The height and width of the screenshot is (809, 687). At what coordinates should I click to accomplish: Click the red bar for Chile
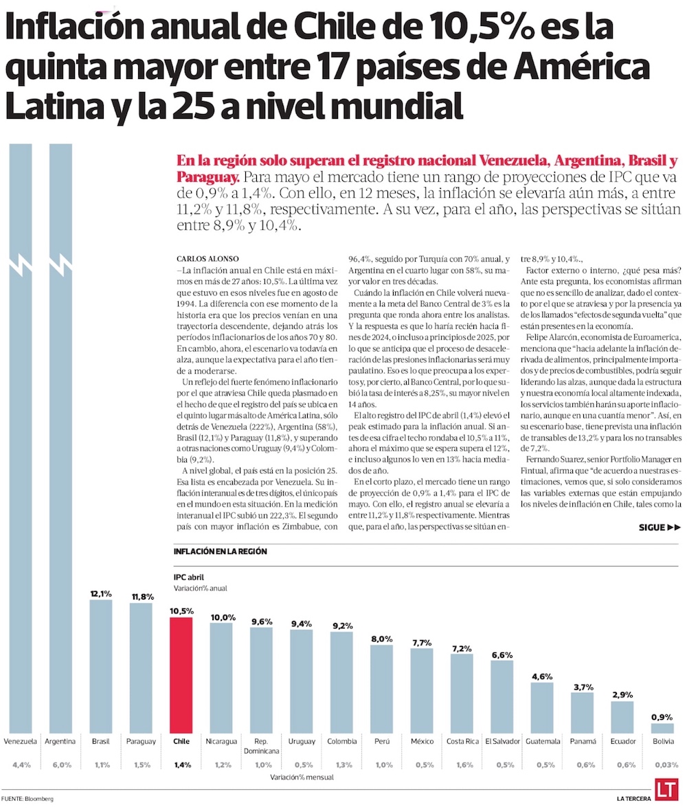(181, 676)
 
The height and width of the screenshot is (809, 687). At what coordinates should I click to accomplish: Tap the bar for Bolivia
(662, 729)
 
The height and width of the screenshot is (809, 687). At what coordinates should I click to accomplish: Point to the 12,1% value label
(101, 593)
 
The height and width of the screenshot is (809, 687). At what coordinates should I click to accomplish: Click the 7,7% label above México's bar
(422, 643)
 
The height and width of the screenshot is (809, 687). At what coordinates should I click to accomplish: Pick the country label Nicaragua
(221, 742)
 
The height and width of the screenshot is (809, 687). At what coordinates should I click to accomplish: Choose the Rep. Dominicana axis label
(261, 747)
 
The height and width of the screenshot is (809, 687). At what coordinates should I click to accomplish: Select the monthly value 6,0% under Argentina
(60, 765)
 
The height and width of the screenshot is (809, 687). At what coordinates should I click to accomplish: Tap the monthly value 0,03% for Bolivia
(663, 765)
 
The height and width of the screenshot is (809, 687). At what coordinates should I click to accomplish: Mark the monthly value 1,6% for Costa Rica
(462, 765)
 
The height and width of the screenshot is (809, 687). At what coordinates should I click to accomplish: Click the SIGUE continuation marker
(659, 508)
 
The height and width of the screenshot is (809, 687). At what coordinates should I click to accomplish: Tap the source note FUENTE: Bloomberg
(27, 799)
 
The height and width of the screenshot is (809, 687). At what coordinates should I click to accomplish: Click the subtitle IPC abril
(189, 577)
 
